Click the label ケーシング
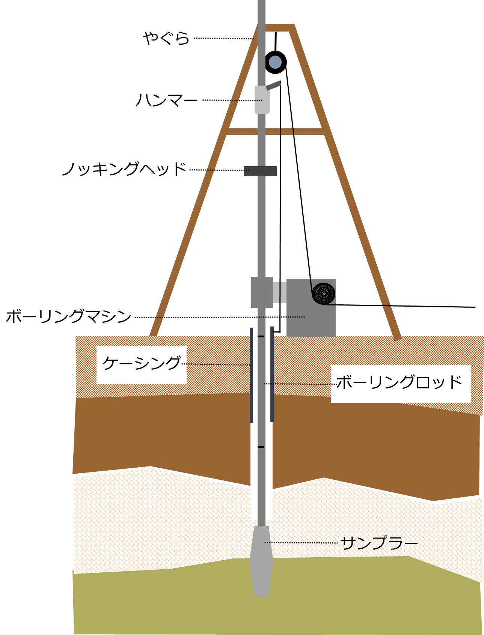pyautogui.click(x=142, y=364)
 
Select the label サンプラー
pyautogui.click(x=378, y=543)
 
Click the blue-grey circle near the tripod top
pyautogui.click(x=275, y=62)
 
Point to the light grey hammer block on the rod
pyautogui.click(x=262, y=100)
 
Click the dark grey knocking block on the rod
pyautogui.click(x=260, y=171)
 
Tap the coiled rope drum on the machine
pyautogui.click(x=324, y=293)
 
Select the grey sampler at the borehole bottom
pyautogui.click(x=261, y=561)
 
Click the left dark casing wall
pyautogui.click(x=252, y=375)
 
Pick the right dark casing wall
pyautogui.click(x=272, y=375)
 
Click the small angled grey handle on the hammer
pyautogui.click(x=274, y=86)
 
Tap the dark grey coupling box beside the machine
pyautogui.click(x=262, y=292)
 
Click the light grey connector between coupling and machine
pyautogui.click(x=280, y=292)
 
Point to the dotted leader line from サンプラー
pyautogui.click(x=300, y=543)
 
